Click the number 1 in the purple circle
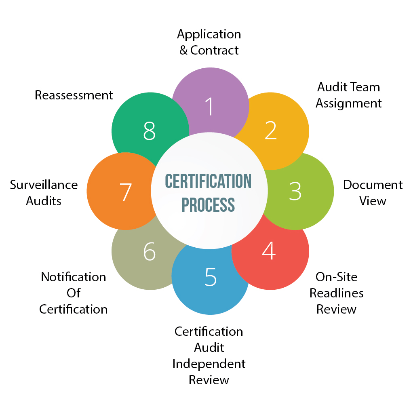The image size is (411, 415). click(210, 106)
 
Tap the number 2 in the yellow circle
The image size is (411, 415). click(270, 130)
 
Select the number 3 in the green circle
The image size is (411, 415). click(295, 191)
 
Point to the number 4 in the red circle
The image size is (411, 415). click(269, 251)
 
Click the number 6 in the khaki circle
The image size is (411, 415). click(150, 251)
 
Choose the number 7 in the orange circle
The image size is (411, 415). click(125, 192)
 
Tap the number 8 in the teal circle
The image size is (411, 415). click(149, 131)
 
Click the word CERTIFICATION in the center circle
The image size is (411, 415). click(208, 181)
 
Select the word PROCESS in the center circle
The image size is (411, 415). click(208, 205)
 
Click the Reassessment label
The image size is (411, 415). click(74, 95)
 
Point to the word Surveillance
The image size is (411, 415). click(44, 185)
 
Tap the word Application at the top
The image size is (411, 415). click(209, 35)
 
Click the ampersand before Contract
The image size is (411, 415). click(183, 50)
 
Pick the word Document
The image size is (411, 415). click(373, 185)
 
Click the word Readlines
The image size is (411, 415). click(337, 293)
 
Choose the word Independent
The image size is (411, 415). click(209, 364)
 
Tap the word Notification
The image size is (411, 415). click(74, 277)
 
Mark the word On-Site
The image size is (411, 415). click(337, 277)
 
